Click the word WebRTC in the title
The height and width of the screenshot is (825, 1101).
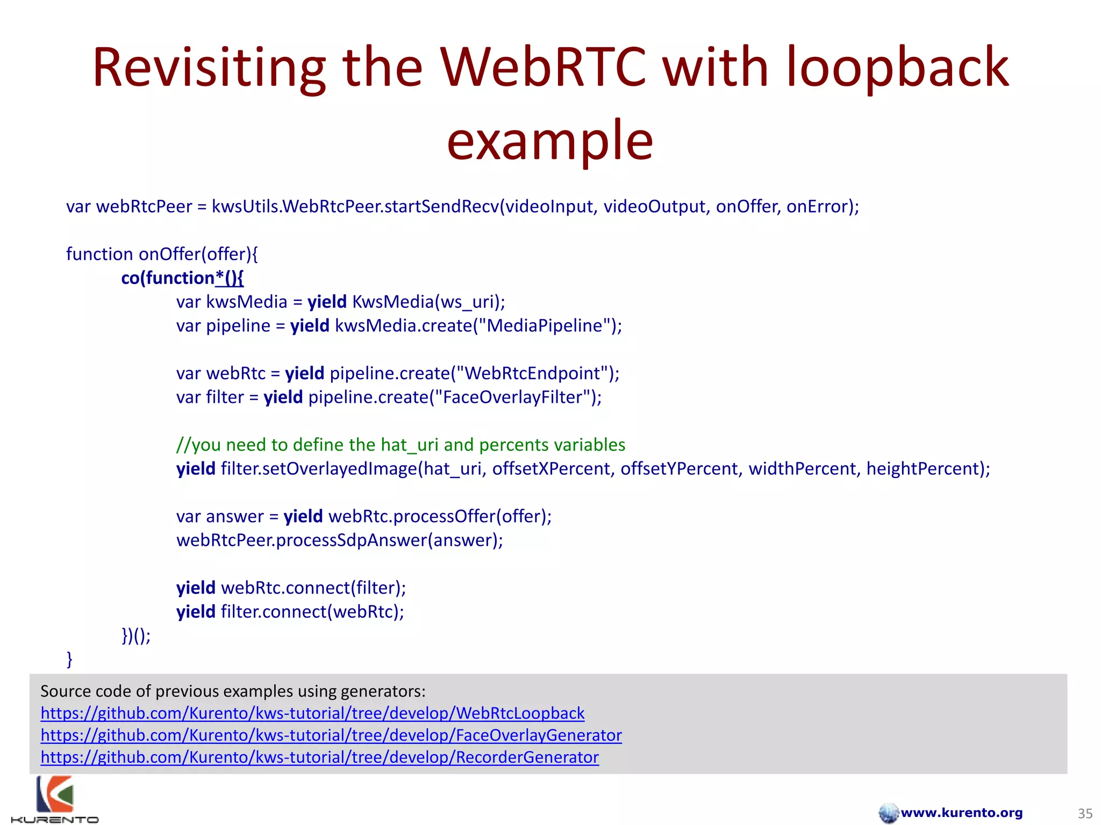tap(543, 68)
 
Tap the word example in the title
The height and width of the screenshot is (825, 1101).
tap(549, 141)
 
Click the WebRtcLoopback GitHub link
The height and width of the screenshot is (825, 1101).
tap(312, 713)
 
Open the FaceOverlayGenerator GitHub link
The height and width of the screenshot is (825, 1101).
tap(331, 735)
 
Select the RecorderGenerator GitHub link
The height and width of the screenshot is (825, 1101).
tap(319, 757)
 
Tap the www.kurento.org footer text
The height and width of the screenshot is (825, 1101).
tap(961, 813)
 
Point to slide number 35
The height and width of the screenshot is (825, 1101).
tap(1085, 813)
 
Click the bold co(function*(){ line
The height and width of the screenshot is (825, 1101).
tap(182, 278)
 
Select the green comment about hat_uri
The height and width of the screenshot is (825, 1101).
tap(401, 445)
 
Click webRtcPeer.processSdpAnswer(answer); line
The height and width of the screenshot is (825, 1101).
tap(340, 540)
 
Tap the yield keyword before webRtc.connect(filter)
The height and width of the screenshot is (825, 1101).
tap(196, 588)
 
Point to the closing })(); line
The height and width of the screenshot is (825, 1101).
tap(136, 635)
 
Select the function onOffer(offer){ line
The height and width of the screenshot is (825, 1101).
tap(162, 254)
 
